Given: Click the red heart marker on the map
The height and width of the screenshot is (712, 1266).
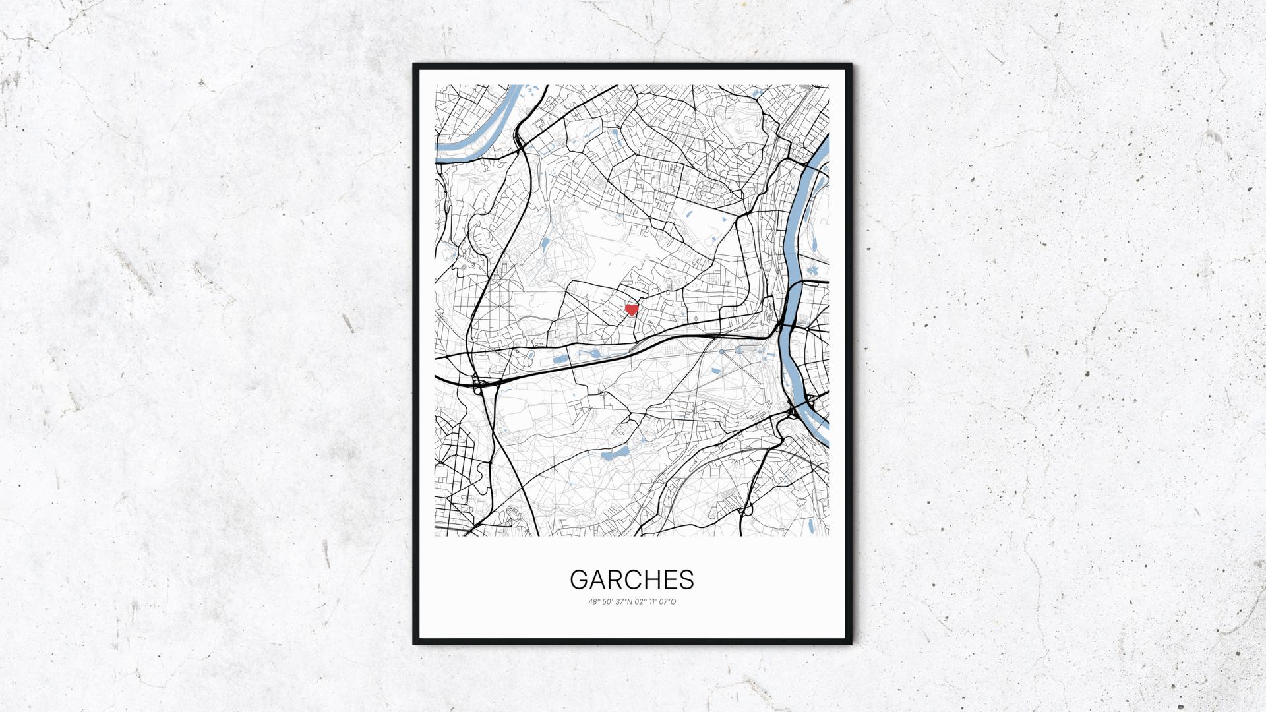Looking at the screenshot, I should [632, 309].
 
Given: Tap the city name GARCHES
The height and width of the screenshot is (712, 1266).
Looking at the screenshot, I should [632, 579].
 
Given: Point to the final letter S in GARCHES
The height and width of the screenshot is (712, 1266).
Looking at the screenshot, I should [687, 579].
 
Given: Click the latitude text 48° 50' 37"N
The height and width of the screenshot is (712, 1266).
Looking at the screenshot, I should [610, 601].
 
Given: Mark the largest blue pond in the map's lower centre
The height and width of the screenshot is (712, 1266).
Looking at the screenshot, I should [620, 452].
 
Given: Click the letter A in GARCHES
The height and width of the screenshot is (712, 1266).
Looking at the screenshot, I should [597, 579].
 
